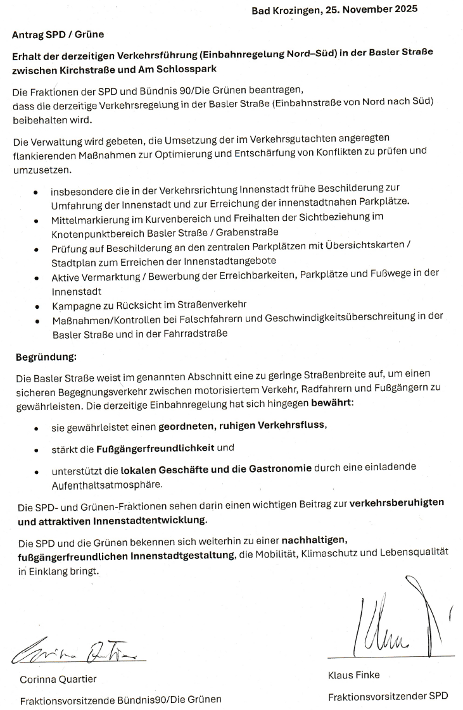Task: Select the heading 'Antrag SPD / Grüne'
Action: click(58, 35)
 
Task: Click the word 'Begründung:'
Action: click(46, 358)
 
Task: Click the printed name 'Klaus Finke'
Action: click(354, 675)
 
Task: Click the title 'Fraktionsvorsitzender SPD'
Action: click(388, 697)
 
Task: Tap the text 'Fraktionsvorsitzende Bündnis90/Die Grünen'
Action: click(121, 701)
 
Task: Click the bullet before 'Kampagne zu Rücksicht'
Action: click(37, 305)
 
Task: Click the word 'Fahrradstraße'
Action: click(198, 333)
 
